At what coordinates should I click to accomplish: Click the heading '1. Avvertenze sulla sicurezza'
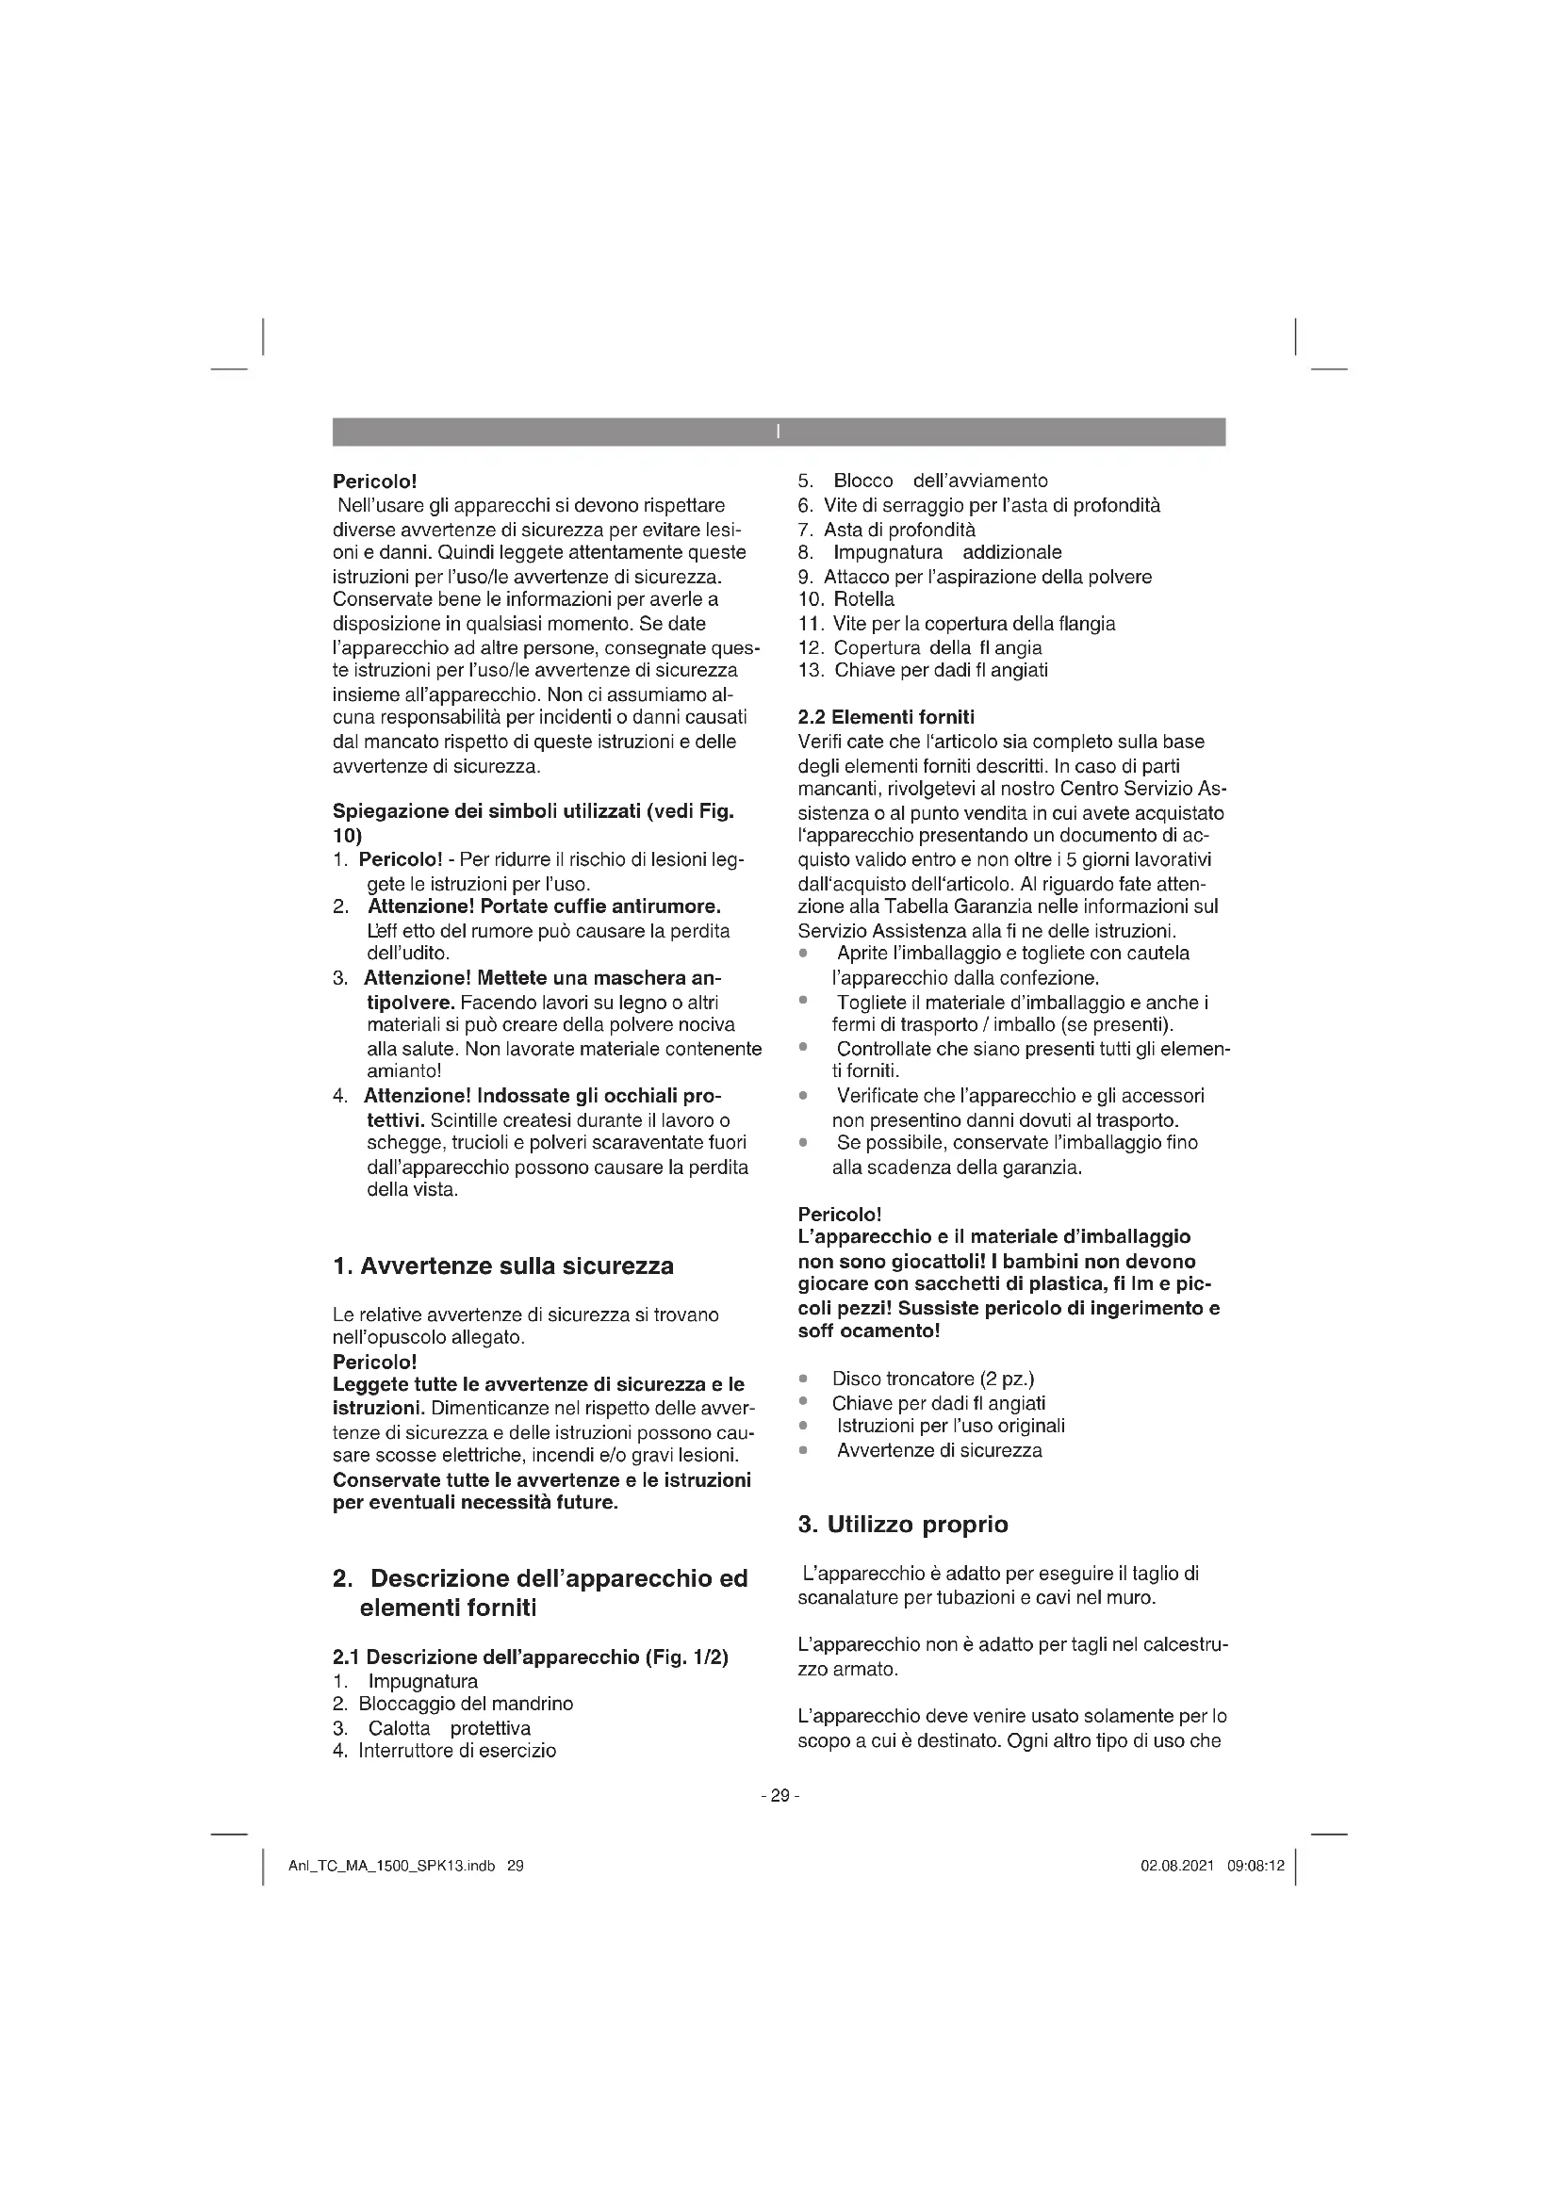(x=503, y=1266)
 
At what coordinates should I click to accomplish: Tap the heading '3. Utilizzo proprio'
(x=902, y=1525)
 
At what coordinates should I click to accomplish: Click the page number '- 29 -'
(x=779, y=1795)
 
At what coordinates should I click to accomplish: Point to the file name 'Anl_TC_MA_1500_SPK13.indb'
(x=392, y=1866)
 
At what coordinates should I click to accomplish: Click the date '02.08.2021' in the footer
(x=1177, y=1866)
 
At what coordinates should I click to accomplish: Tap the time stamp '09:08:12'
(x=1255, y=1866)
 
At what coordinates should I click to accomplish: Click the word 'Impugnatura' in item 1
(x=422, y=1681)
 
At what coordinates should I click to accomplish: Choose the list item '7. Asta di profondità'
(x=886, y=529)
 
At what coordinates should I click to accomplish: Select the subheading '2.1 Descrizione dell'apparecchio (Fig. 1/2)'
(x=530, y=1657)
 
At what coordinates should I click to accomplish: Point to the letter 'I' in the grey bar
(x=779, y=432)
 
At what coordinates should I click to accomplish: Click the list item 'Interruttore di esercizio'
(x=457, y=1750)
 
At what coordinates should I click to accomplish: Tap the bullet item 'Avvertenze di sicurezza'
(x=939, y=1450)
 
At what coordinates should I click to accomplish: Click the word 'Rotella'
(x=864, y=599)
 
